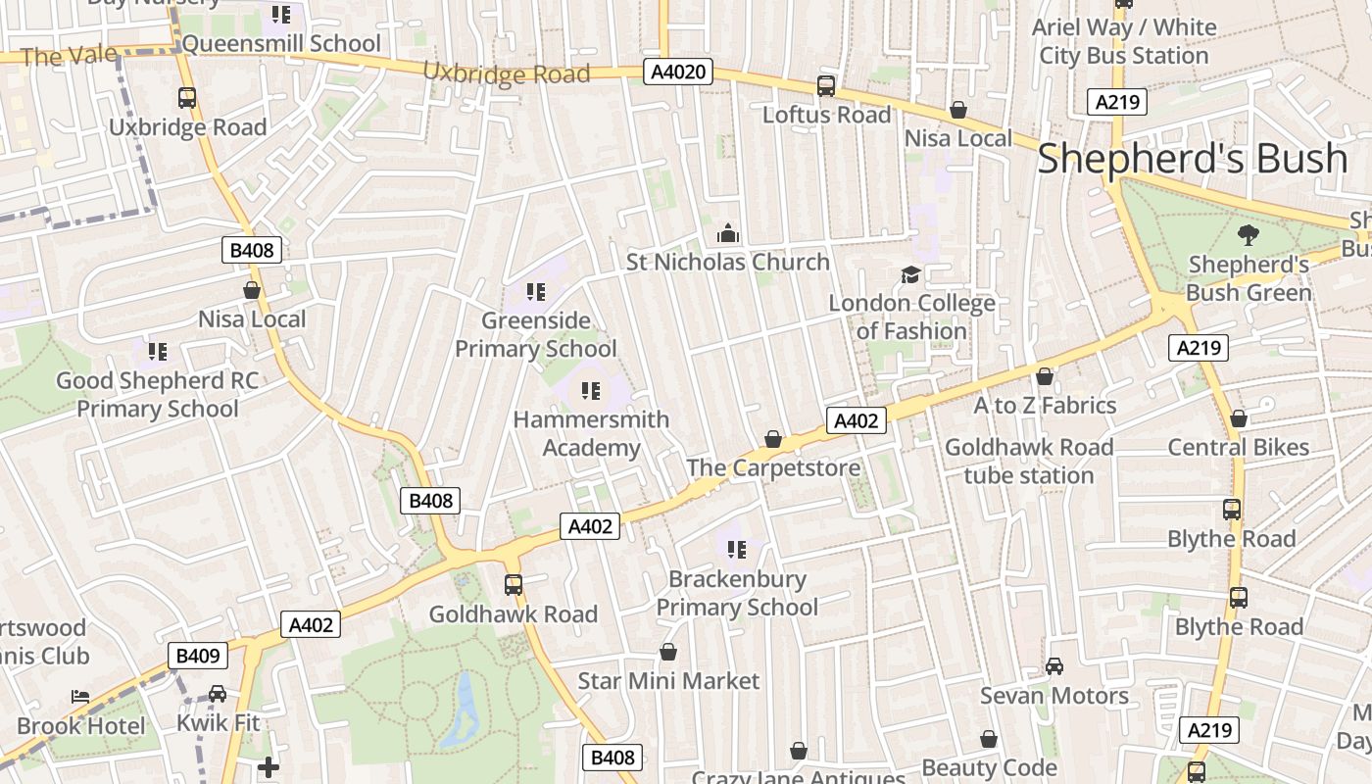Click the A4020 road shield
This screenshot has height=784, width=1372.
click(x=678, y=72)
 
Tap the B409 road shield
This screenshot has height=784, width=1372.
click(x=198, y=656)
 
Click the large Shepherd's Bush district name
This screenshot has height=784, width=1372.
click(x=1192, y=158)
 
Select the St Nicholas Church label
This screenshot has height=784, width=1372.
click(x=727, y=262)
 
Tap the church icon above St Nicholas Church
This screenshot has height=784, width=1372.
click(x=727, y=233)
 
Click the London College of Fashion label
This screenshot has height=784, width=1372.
click(x=911, y=317)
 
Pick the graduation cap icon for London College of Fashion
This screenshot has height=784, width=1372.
click(x=911, y=274)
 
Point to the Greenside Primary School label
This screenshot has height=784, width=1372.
click(x=535, y=334)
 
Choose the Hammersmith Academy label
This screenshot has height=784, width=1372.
click(x=591, y=433)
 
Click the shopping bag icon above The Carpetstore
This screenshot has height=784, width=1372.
click(x=773, y=439)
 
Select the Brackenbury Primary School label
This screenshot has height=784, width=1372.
click(x=737, y=593)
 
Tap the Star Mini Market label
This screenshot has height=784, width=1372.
click(x=668, y=680)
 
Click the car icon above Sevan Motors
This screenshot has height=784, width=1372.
click(x=1054, y=666)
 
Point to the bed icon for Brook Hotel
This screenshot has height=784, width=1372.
click(x=80, y=697)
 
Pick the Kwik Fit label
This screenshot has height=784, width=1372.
click(x=218, y=723)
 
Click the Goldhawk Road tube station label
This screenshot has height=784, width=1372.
click(x=1029, y=461)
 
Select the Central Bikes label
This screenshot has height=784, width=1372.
click(x=1238, y=447)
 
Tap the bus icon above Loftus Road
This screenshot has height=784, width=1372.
click(x=826, y=86)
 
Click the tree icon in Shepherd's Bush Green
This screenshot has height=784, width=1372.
click(x=1248, y=234)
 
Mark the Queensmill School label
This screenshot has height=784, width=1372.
click(x=281, y=43)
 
